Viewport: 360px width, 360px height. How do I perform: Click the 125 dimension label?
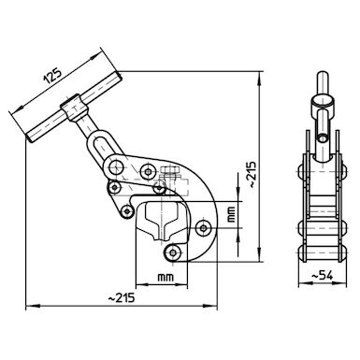tap(52, 75)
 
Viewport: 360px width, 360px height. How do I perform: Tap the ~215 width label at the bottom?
tap(122, 298)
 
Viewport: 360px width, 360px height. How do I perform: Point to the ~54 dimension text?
tap(323, 276)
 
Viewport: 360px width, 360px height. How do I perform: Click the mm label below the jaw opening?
tap(166, 277)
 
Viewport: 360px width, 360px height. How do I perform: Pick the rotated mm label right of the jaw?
tap(231, 214)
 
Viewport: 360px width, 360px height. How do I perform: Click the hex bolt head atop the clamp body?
tap(170, 170)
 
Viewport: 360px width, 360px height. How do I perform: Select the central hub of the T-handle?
tap(74, 108)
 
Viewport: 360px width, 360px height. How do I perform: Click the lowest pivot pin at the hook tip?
tap(172, 252)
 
